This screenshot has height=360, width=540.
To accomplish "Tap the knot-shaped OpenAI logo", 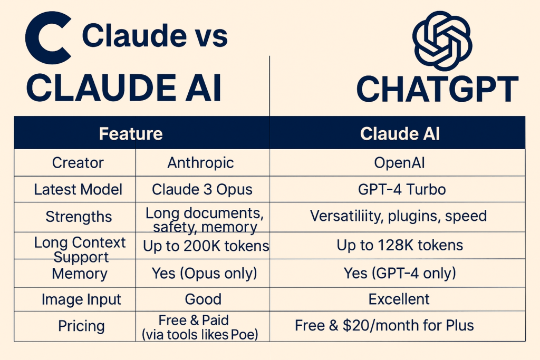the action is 442,41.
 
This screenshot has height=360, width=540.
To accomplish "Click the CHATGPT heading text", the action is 437,90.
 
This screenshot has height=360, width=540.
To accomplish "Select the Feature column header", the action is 131,133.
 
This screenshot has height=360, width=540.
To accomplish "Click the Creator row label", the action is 78,163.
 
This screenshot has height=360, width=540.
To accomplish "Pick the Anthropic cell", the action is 200,163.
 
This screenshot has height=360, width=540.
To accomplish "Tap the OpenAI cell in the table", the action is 400,163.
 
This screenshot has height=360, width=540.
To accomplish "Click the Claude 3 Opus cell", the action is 202,190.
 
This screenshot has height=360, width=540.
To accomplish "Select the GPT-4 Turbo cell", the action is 402,189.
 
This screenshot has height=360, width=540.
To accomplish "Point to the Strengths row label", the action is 79,217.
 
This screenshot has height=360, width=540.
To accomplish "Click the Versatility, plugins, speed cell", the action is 399,216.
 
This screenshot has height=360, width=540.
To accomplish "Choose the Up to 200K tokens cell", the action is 206,246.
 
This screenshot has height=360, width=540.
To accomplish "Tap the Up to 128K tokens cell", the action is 400,246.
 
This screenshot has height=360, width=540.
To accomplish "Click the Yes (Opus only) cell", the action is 205,274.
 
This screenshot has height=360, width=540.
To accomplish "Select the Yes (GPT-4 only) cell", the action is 400,273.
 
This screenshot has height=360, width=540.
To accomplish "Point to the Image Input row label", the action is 81,299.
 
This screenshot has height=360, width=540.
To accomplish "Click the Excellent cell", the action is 399,299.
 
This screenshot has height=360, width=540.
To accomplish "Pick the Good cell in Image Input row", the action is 203,299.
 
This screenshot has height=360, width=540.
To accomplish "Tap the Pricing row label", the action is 81,326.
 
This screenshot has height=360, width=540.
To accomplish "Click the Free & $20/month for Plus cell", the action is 384,325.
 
